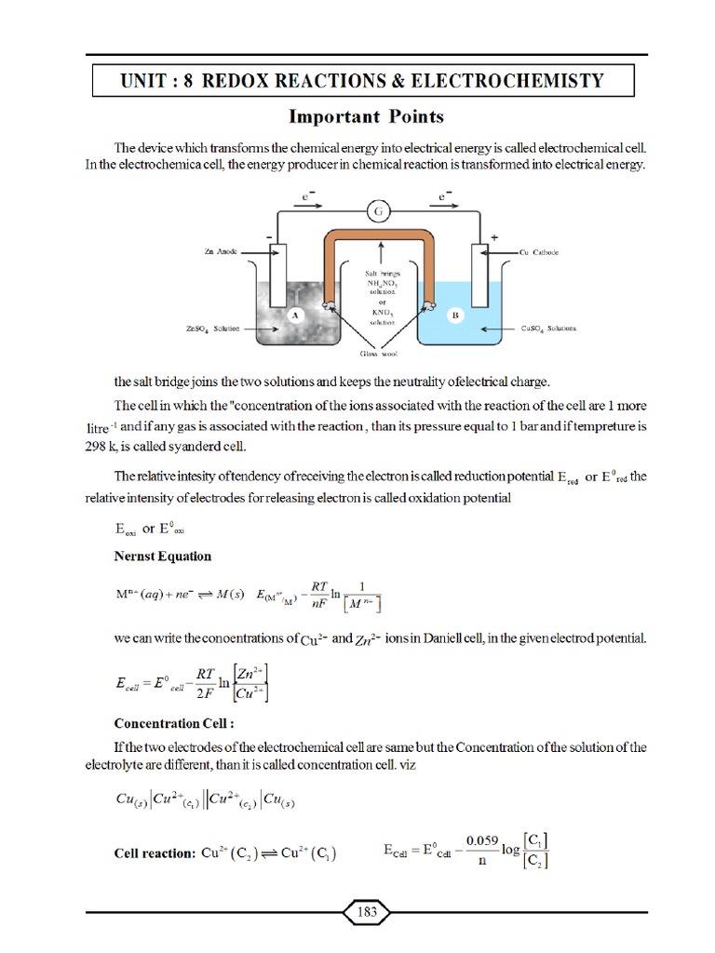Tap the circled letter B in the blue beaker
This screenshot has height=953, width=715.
point(456,315)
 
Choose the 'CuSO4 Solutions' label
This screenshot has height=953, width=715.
point(549,329)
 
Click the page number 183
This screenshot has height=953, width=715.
point(367,912)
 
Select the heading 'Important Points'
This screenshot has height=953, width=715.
point(366,116)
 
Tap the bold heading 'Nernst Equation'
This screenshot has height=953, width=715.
point(162,556)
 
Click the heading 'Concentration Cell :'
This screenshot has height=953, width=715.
point(172,723)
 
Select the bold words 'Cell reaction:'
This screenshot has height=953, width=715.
point(154,852)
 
